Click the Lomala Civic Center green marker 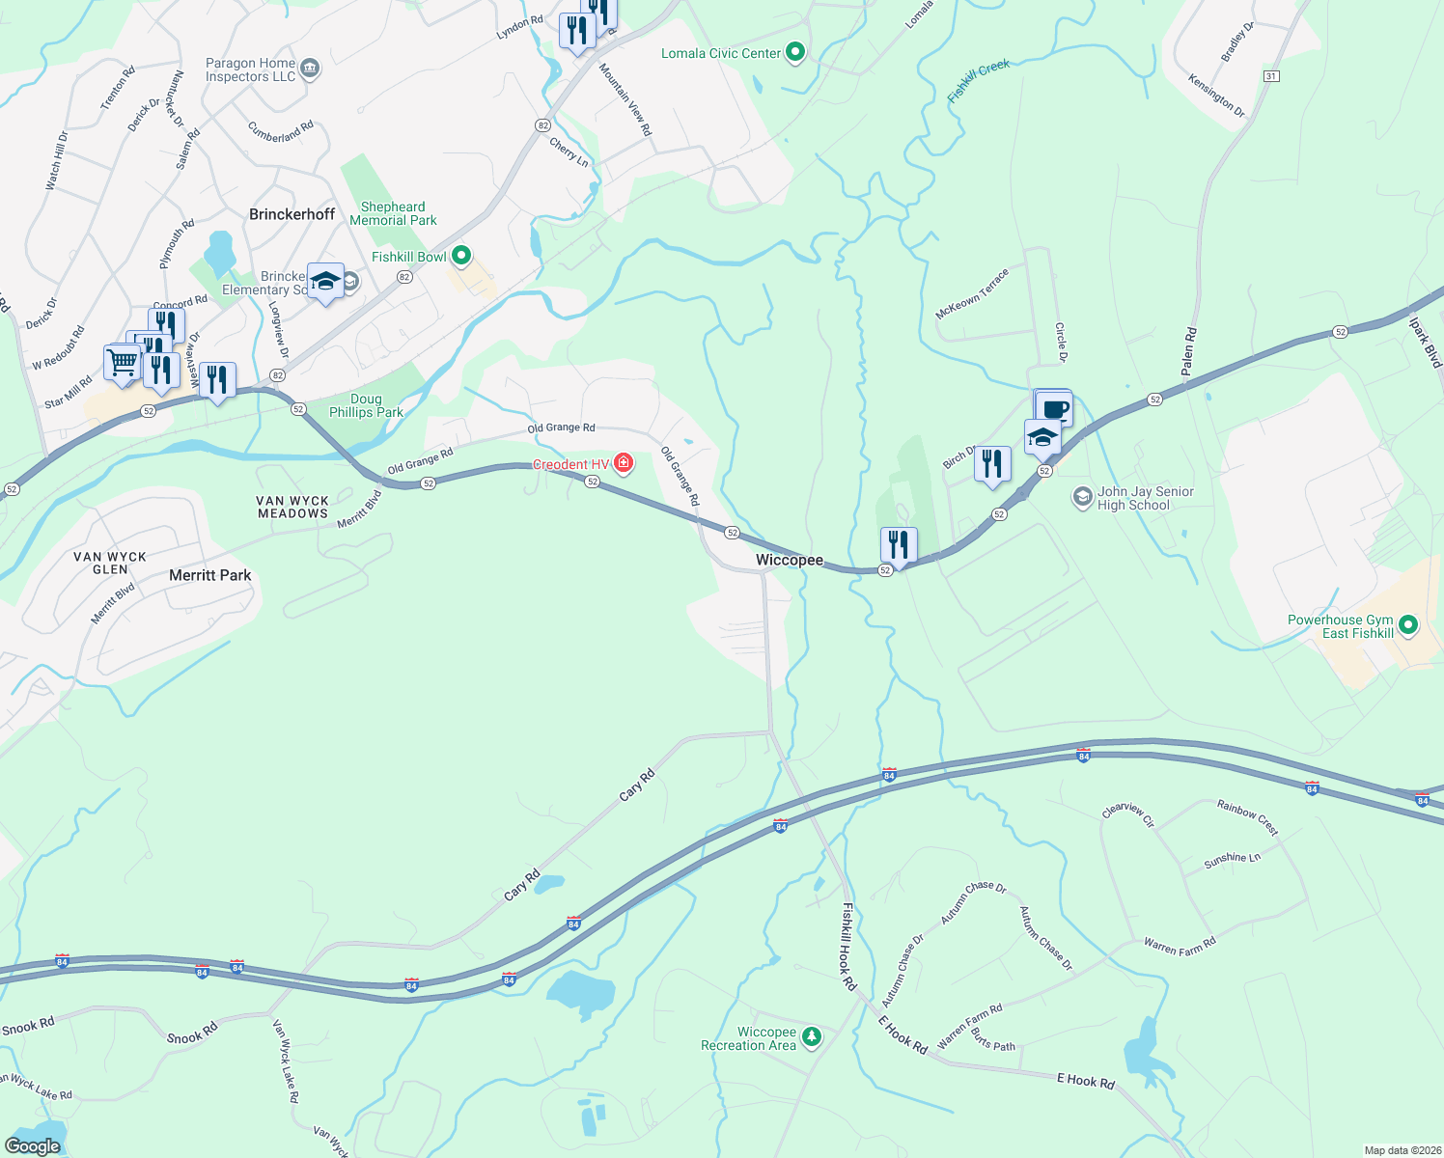[795, 52]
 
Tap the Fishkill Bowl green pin [461, 256]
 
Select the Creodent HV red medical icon [624, 464]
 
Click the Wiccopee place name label [790, 561]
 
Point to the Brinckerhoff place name [292, 214]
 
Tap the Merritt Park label [210, 575]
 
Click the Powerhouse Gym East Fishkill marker [1407, 625]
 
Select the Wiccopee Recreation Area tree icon [812, 1037]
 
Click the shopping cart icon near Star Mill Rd [122, 364]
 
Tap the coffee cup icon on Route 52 [1055, 408]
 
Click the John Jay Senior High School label [1146, 498]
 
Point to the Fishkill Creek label [979, 80]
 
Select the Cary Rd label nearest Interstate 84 [522, 886]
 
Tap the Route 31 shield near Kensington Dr [1271, 76]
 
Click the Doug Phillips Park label [366, 405]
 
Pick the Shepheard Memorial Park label [393, 213]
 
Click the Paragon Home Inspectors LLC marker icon [310, 69]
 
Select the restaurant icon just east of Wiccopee [899, 545]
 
